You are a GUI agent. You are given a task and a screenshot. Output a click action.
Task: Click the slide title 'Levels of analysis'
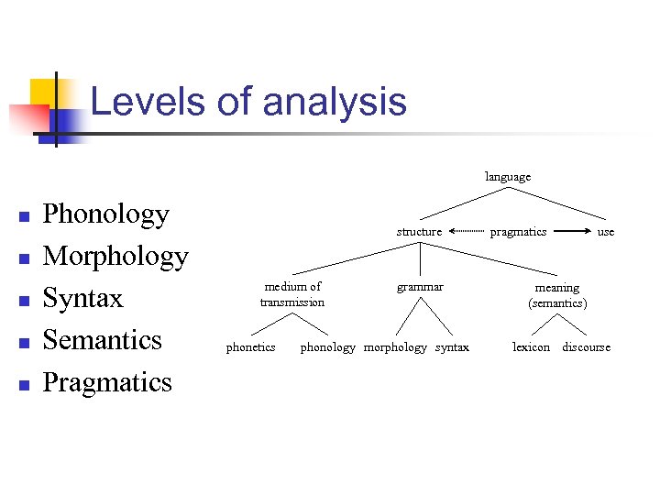coord(248,101)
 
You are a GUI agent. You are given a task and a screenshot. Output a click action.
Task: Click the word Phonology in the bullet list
coord(106,214)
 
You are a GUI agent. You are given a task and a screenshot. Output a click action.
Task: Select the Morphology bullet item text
coord(115,257)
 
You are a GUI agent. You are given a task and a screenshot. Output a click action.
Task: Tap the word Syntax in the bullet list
coord(82,299)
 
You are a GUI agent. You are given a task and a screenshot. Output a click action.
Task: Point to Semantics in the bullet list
coord(102,340)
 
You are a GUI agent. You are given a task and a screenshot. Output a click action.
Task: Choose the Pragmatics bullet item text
coord(107,381)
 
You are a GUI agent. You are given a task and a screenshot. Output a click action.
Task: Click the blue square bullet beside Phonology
coord(25,217)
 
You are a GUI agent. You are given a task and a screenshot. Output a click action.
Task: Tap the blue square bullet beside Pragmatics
coord(25,384)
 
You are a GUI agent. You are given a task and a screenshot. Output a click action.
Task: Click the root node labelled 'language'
coord(508,176)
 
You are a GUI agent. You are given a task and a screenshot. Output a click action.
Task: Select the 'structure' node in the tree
coord(419,232)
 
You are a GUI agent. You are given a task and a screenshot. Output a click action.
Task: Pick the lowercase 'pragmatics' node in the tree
coord(518,232)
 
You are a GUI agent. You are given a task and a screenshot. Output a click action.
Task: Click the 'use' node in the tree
coord(606,232)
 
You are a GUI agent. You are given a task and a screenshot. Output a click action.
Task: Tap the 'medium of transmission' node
coord(291,294)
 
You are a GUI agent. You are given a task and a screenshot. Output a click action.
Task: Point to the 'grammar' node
coord(420,287)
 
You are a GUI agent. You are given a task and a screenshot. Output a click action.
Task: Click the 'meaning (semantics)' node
coord(557,295)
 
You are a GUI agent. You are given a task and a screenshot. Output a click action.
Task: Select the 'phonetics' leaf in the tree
coord(250,347)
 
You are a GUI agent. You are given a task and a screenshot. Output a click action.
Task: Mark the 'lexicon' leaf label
coord(532,347)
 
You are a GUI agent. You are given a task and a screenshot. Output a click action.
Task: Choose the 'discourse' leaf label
coord(586,347)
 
